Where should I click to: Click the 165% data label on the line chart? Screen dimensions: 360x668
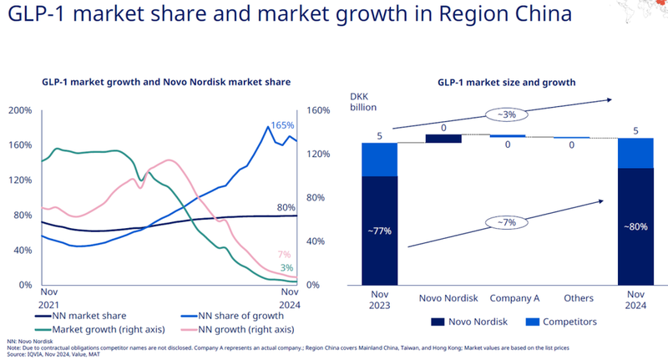pos(283,125)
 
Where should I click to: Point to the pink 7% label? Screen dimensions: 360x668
pos(285,254)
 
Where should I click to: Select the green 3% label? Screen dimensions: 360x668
pos(286,267)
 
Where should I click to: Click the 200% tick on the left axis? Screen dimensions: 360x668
pos(20,110)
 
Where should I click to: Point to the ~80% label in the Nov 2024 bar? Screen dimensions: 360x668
pos(635,226)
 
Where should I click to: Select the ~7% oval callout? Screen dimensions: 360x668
pos(505,221)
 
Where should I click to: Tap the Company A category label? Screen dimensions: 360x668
pos(507,298)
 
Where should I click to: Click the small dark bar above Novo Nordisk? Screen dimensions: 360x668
pos(443,139)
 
